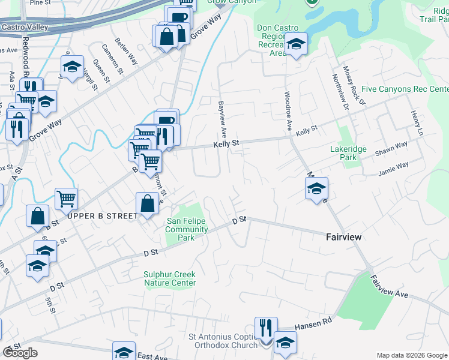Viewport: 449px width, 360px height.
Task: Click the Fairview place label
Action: [x=343, y=237]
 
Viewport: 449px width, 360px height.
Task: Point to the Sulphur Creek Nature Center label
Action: [x=169, y=278]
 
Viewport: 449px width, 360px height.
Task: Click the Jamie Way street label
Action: [x=393, y=169]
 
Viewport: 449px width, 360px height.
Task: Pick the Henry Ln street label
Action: [x=417, y=122]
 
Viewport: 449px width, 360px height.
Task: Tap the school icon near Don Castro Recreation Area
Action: [x=296, y=45]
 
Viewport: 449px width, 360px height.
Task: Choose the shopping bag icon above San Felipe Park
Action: [x=147, y=204]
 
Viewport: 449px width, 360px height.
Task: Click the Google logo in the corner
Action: [x=20, y=353]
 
